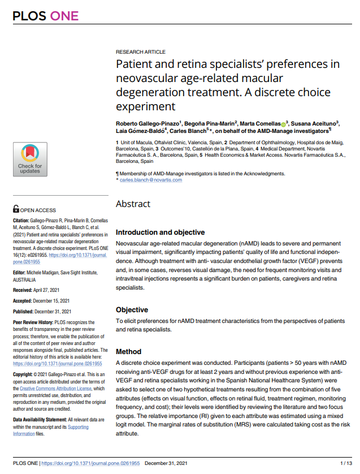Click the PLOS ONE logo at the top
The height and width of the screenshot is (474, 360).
point(46,16)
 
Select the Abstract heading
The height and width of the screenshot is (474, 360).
point(133,204)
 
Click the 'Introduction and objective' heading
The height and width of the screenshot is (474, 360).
point(160,232)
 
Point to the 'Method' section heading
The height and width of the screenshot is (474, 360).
point(129,351)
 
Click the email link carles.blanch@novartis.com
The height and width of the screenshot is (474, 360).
point(151,180)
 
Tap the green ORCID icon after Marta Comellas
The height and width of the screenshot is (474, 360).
point(283,124)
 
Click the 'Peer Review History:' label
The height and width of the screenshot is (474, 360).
point(34,322)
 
